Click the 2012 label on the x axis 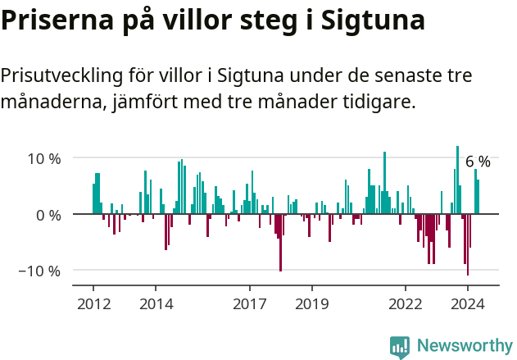93,303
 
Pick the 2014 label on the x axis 156,303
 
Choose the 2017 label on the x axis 249,303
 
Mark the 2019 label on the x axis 311,303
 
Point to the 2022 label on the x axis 405,303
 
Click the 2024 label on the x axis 468,303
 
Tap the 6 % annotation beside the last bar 478,162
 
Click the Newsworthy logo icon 400,347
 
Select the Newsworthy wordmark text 464,347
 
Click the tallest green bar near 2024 457,180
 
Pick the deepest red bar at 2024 468,244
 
